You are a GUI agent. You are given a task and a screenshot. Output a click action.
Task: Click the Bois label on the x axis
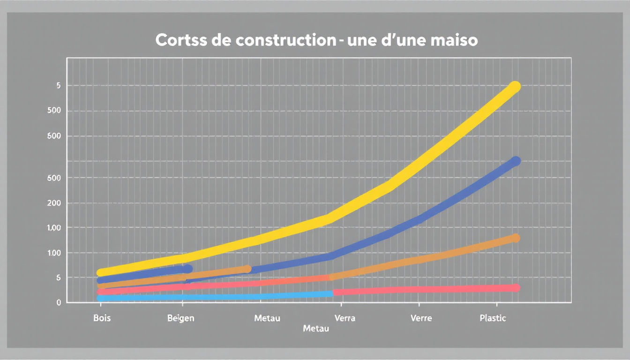tap(102, 318)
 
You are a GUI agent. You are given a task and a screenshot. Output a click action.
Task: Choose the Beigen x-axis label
tap(180, 318)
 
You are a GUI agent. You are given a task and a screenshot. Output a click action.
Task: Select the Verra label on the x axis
tap(345, 318)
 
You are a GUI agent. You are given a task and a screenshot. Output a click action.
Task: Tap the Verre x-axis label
tap(421, 318)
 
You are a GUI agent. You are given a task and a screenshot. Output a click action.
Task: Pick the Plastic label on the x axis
tap(493, 318)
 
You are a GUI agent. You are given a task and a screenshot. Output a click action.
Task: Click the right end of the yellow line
tap(515, 87)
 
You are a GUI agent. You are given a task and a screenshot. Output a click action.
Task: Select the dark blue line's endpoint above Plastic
tap(516, 161)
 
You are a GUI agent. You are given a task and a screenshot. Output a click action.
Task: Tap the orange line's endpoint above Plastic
tap(516, 238)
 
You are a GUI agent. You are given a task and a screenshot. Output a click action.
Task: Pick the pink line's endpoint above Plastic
tap(516, 288)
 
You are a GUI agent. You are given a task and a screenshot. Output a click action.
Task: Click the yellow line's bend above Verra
tap(331, 217)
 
